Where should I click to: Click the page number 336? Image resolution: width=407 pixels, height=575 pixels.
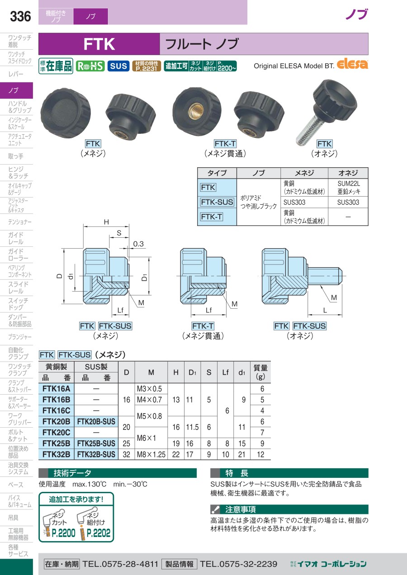click(20, 17)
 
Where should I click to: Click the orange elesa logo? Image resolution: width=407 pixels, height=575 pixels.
click(353, 64)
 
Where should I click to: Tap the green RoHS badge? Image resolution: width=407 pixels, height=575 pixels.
click(90, 66)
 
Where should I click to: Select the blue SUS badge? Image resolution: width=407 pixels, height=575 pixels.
click(118, 66)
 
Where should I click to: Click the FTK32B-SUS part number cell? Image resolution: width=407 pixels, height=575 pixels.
click(96, 454)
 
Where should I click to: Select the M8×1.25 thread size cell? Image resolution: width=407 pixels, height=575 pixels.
click(151, 454)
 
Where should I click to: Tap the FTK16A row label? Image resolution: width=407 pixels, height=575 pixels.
click(56, 388)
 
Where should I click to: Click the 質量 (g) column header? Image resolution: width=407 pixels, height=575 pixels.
click(260, 372)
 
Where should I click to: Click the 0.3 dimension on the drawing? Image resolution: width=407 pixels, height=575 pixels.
click(138, 244)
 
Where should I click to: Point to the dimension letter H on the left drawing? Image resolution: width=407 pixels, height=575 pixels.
click(106, 222)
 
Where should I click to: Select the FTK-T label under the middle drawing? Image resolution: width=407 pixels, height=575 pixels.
click(203, 326)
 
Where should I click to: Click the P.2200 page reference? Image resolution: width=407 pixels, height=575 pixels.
click(63, 533)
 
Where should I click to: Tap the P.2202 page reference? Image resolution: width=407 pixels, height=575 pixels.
click(98, 533)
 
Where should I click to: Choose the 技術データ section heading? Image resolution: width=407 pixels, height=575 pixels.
click(72, 473)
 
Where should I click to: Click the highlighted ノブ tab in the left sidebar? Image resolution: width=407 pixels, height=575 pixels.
click(16, 90)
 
